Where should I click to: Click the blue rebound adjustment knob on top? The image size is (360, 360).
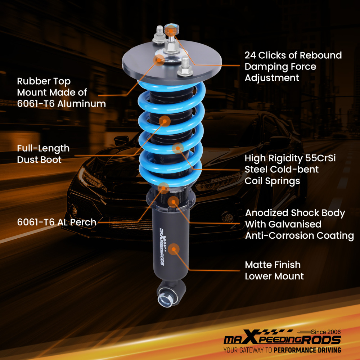[x=172, y=28]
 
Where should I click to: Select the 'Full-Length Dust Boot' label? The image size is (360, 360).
[x=43, y=154]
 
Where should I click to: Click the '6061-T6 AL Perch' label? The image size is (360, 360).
[x=57, y=222]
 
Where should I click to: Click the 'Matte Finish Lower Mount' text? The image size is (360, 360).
[x=274, y=270]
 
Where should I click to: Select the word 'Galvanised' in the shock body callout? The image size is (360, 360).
[x=283, y=224]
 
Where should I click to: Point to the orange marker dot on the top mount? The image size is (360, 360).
[x=160, y=60]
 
